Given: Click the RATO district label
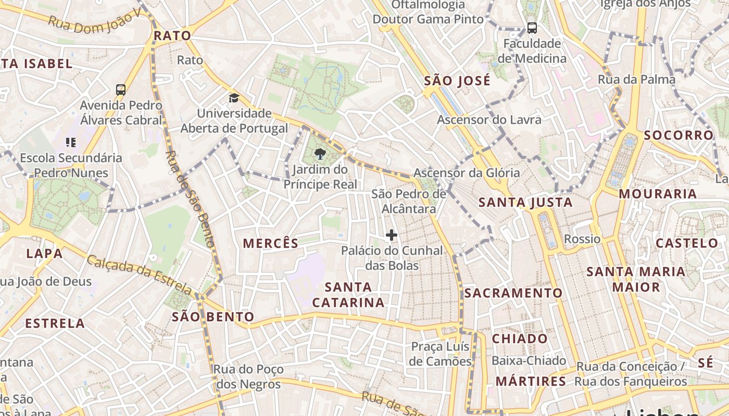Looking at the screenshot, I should coord(172,36).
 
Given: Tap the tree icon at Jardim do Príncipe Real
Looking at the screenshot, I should coord(320,153).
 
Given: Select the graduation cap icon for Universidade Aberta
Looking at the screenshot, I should coord(234,98).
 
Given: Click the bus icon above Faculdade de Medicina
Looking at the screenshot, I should coord(532,28).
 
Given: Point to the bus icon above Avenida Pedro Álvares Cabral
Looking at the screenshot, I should coord(121,89).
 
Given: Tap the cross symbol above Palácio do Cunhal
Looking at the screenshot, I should coord(392,235).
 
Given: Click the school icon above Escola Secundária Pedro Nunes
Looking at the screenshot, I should coord(71,142).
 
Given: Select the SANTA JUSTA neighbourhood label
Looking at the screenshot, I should coord(525,202).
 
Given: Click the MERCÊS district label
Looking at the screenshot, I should coord(271,243).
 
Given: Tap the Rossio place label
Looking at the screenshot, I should coord(582,239).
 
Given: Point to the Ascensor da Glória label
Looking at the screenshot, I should coord(467,173).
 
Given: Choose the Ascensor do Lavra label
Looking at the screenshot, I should coord(489,120).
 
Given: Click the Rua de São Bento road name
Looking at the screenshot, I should coord(190,198).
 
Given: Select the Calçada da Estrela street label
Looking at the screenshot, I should coord(139,274).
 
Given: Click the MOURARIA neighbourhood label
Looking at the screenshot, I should coord(658,194).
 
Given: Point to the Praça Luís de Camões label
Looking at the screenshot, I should coord(440,354).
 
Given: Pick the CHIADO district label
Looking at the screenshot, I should coord(520,339).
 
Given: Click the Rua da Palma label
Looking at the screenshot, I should coord(636,80).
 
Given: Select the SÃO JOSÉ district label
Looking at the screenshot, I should coord(457,81).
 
